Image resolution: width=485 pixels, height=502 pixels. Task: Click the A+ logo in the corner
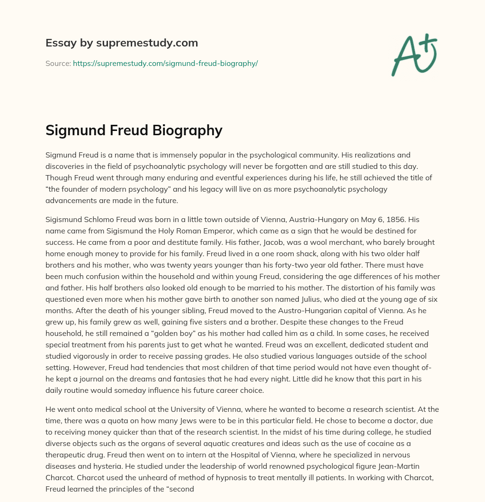click(413, 55)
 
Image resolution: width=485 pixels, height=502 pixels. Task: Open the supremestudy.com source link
click(165, 63)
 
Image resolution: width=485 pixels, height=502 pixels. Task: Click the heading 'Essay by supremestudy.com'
click(122, 43)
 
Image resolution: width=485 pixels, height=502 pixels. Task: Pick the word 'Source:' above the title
click(58, 63)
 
